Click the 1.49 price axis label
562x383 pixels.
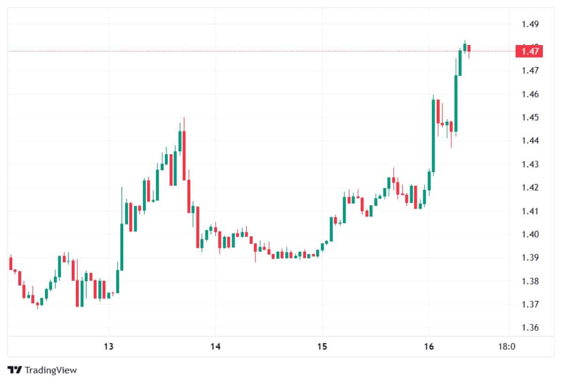point(530,24)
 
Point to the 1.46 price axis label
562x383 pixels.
point(530,94)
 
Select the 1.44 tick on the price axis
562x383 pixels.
point(530,141)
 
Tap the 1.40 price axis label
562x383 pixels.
point(530,234)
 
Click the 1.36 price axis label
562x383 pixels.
point(530,328)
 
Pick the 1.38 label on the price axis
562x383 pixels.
point(530,281)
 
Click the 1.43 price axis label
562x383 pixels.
point(530,165)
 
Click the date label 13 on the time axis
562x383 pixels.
point(109,347)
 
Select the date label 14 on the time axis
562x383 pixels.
point(215,347)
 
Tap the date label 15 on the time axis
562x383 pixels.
point(322,347)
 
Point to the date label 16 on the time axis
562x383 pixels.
point(429,347)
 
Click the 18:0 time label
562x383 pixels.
point(507,347)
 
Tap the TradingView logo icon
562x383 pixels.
point(15,370)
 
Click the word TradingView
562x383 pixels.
point(51,370)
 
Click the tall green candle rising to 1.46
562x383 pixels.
point(433,136)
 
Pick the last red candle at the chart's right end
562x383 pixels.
point(469,48)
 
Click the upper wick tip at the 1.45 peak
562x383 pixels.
point(184,118)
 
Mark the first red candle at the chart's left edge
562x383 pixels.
point(10,263)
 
